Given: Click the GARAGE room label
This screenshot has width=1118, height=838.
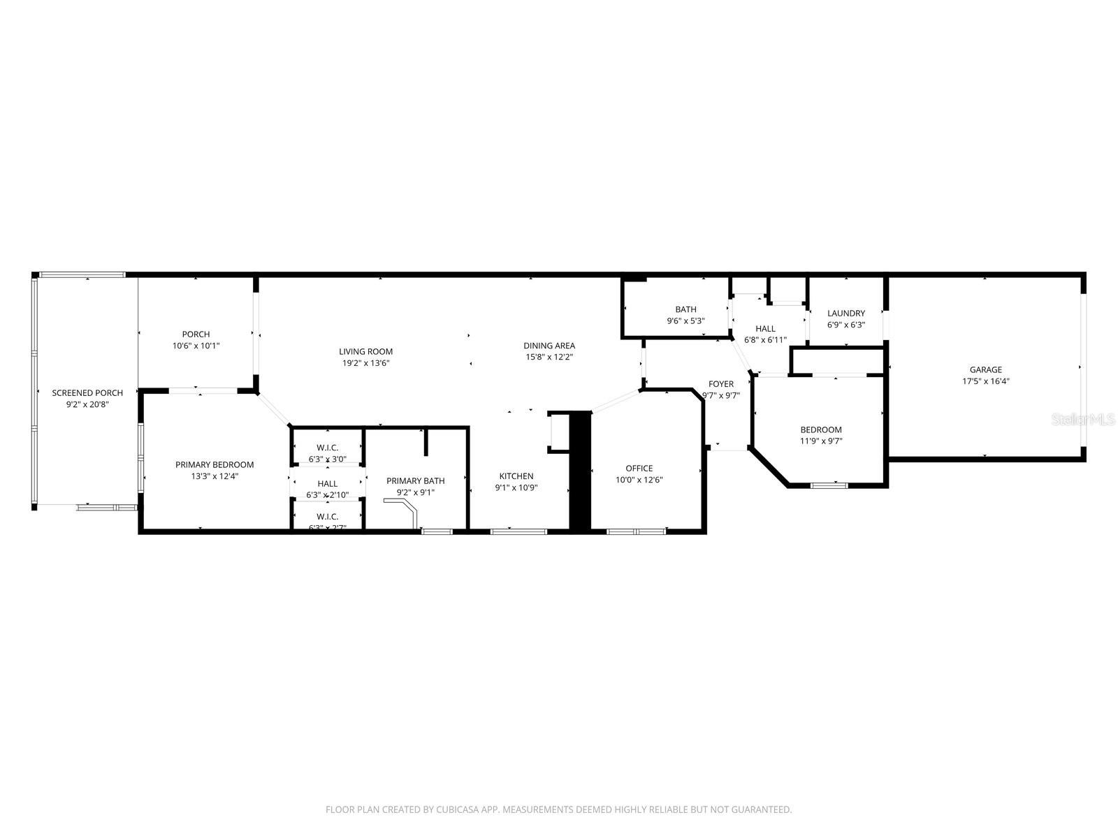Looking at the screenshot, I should pos(985,370).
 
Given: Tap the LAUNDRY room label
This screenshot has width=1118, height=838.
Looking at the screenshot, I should pos(845,314).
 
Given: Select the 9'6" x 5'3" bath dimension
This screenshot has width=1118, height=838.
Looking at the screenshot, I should pos(685,321).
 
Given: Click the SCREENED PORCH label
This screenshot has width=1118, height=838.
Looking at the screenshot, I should pos(87,393).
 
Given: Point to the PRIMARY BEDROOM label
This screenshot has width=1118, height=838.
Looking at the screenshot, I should pos(215,464).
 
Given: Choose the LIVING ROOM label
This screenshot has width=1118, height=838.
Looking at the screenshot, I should pos(365,351).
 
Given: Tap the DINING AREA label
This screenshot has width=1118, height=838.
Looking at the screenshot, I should pos(549,346).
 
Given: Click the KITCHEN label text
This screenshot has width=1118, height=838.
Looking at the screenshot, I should pos(516,476).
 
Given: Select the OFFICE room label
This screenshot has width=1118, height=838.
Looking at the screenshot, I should pos(639,469).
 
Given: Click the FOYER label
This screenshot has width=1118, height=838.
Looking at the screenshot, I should pos(721,384).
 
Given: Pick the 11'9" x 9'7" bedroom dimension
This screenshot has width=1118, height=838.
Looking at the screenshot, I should pos(820,441).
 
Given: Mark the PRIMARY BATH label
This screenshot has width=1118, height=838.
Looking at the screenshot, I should pos(415,480).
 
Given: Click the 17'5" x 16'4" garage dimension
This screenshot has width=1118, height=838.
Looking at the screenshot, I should pos(985,381).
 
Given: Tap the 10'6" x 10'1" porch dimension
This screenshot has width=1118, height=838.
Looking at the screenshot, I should pos(196,346).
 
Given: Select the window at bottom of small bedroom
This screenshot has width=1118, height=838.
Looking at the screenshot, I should pos(829,485).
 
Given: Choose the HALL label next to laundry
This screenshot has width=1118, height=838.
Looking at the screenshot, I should pos(765,328).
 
